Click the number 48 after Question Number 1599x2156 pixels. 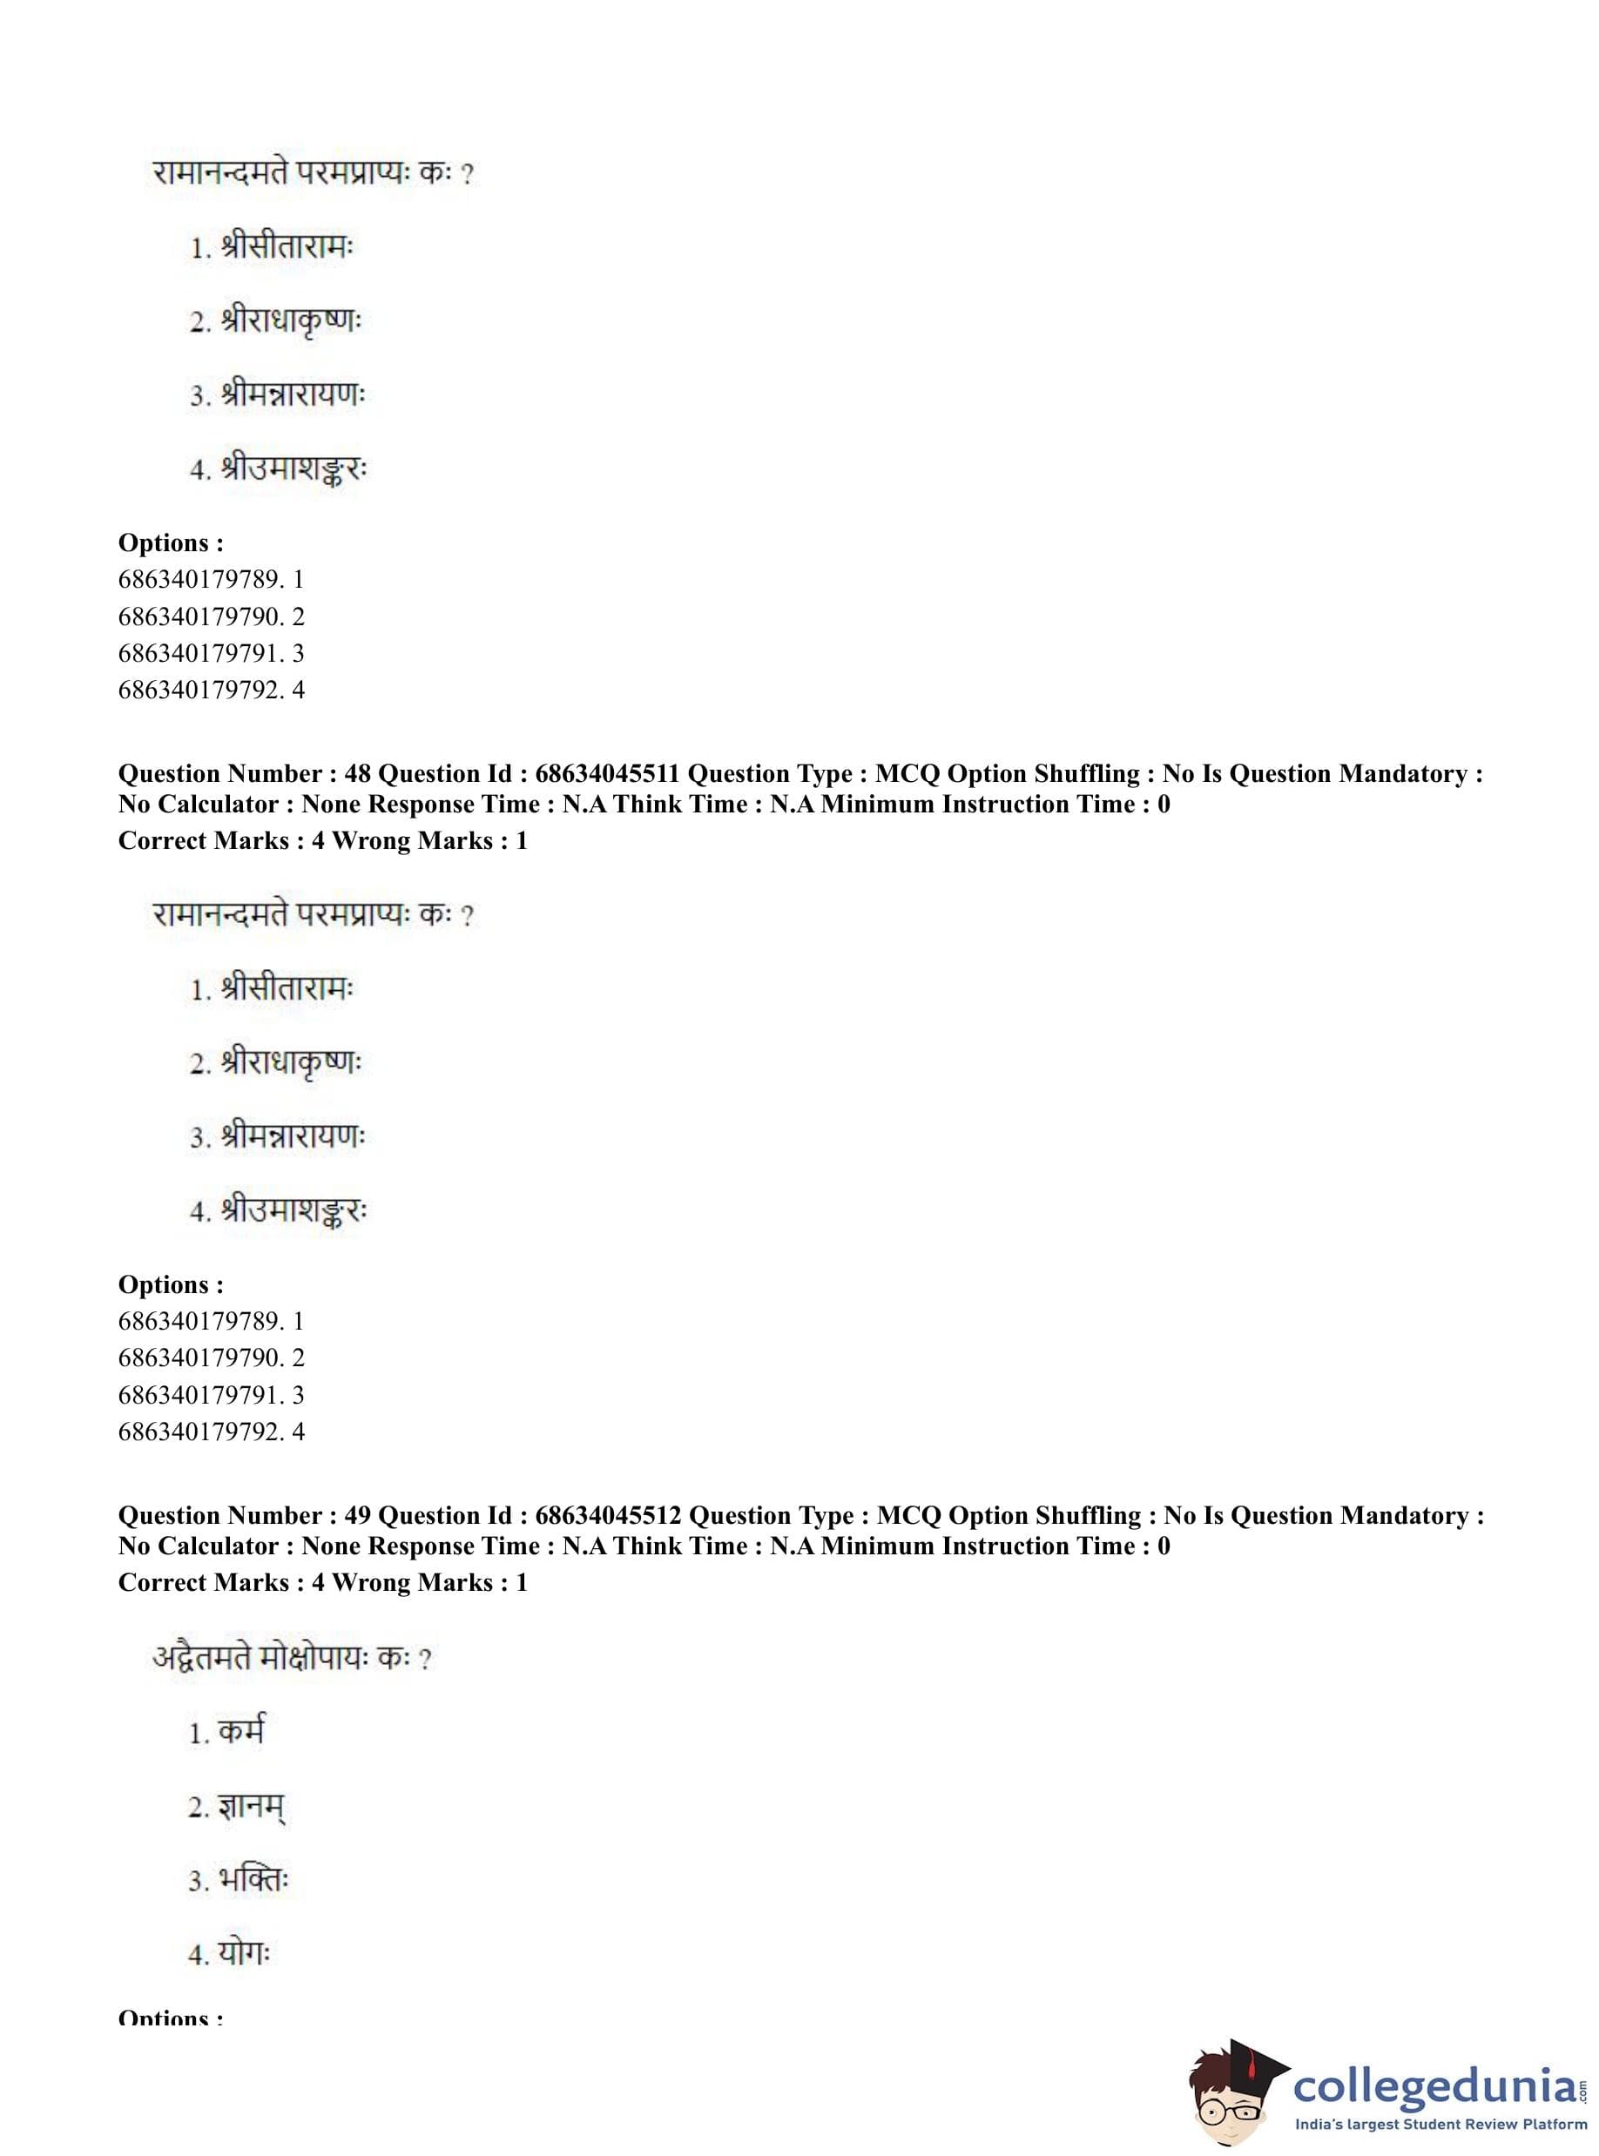[357, 773]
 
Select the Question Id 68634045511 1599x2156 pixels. [607, 773]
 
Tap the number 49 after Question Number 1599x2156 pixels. [357, 1515]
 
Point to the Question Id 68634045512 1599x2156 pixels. [608, 1515]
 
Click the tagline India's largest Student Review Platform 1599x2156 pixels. [1440, 2124]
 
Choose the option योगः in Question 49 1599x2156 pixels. [244, 1953]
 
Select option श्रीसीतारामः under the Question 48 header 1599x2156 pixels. [287, 989]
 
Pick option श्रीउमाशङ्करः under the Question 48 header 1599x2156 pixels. [294, 1210]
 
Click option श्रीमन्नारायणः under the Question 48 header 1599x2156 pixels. [293, 1136]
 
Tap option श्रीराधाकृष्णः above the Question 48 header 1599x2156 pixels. [290, 321]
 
